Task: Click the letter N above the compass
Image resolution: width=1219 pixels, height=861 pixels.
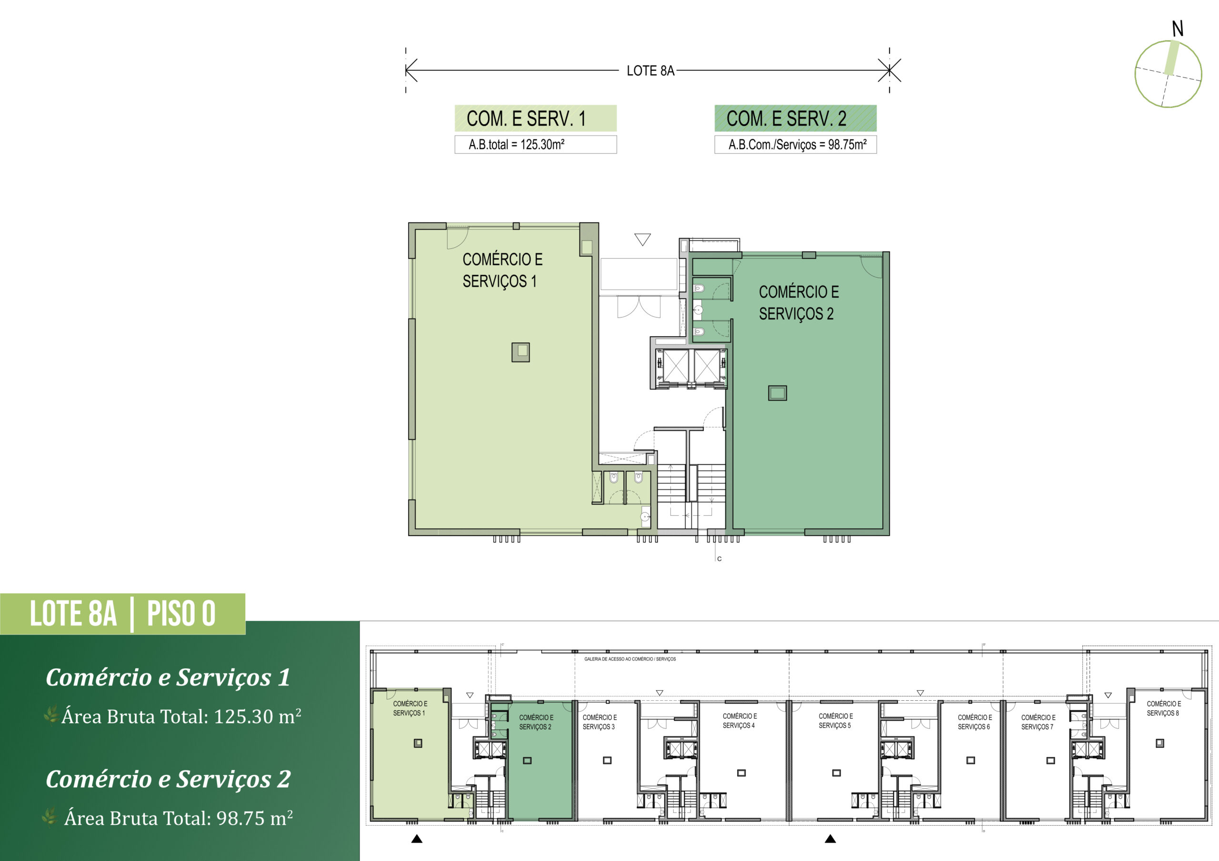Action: tap(1178, 29)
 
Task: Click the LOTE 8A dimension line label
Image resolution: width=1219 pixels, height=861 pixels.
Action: tap(650, 70)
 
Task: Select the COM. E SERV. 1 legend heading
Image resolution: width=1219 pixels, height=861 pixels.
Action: tap(526, 118)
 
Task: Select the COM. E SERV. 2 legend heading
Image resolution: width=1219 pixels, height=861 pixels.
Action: tap(786, 118)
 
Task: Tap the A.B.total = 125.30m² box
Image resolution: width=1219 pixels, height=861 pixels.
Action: tap(536, 144)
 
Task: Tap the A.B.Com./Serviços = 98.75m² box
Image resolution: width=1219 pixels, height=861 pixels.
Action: tap(795, 144)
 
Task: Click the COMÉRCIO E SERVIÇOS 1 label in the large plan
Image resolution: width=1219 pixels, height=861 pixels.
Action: tap(502, 270)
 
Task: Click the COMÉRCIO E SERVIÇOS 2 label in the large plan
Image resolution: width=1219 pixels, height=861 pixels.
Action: tap(799, 303)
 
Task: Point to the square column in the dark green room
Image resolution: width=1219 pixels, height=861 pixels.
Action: tap(777, 393)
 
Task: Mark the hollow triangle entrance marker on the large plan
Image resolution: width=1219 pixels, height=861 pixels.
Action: tap(642, 240)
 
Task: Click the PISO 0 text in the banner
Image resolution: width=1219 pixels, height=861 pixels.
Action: tap(181, 614)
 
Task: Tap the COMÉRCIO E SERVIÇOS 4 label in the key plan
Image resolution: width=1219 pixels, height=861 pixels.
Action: tap(739, 720)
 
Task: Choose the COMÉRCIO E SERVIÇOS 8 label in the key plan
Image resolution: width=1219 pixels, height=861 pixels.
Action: tap(1163, 708)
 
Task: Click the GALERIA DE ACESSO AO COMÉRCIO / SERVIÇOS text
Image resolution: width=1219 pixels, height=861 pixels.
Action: tap(629, 659)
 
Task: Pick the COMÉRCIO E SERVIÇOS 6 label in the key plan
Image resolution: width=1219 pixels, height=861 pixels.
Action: tap(974, 722)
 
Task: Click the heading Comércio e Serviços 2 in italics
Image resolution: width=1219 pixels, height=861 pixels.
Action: tap(168, 779)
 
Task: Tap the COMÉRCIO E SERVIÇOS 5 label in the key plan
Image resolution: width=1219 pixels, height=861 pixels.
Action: tap(835, 720)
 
